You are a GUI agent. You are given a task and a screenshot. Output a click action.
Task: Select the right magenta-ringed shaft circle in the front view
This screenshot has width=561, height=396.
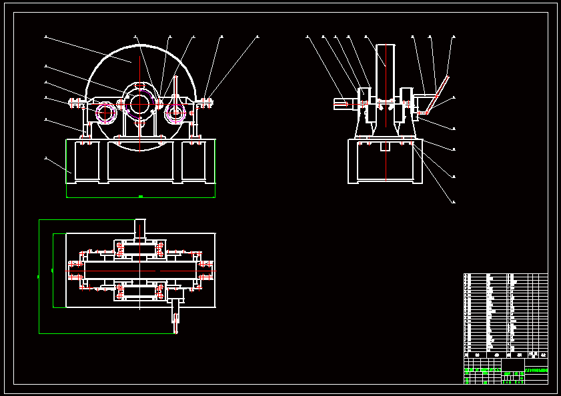click(x=175, y=113)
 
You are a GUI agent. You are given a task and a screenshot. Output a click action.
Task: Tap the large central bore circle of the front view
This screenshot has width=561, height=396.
click(x=140, y=104)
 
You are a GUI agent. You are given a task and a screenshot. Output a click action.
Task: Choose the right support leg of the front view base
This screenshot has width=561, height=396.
click(x=194, y=161)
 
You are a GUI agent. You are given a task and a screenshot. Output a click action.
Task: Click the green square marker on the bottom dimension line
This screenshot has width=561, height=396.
click(x=140, y=197)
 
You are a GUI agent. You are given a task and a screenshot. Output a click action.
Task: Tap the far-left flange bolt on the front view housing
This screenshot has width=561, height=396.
click(x=71, y=103)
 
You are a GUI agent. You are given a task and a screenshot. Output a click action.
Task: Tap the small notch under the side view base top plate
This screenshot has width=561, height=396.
click(x=385, y=146)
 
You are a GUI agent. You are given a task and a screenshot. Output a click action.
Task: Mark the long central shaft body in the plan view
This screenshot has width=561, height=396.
click(x=140, y=271)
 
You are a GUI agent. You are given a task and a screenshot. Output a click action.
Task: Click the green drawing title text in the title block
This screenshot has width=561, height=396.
click(x=536, y=370)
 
